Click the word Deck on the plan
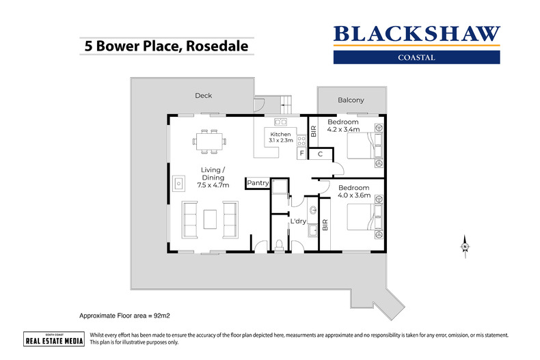pyautogui.click(x=203, y=96)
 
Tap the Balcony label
pyautogui.click(x=351, y=100)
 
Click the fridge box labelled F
pyautogui.click(x=301, y=154)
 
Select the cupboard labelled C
pyautogui.click(x=320, y=154)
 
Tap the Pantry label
pyautogui.click(x=258, y=182)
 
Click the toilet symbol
pyautogui.click(x=279, y=245)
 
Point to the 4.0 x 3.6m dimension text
pyautogui.click(x=354, y=195)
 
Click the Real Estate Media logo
pyautogui.click(x=54, y=339)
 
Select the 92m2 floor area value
pyautogui.click(x=159, y=316)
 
